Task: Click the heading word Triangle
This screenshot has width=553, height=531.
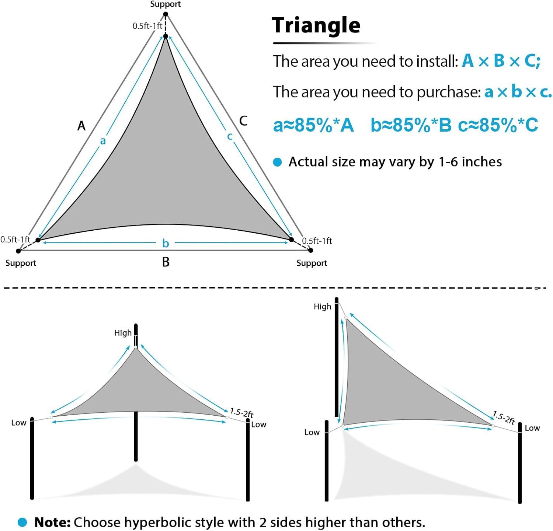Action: click(316, 25)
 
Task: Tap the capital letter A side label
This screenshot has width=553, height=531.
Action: click(81, 126)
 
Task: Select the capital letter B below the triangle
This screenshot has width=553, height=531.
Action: click(166, 262)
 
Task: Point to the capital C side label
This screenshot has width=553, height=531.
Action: click(243, 120)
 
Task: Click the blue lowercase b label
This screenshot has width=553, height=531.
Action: click(166, 243)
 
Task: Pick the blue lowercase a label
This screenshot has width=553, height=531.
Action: click(103, 141)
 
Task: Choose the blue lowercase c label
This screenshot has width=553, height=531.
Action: click(230, 136)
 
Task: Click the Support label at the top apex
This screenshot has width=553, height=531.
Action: click(166, 4)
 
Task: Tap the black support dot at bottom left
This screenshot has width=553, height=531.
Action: click(18, 251)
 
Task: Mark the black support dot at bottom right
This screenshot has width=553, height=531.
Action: click(310, 250)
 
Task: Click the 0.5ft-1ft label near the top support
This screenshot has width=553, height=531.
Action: click(147, 26)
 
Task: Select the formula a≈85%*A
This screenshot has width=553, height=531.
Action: click(313, 125)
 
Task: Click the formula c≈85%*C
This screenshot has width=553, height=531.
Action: click(498, 125)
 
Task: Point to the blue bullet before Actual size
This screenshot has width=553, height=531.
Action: click(277, 162)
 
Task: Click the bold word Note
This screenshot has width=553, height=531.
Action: click(52, 522)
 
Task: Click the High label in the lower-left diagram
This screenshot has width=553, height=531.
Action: click(123, 333)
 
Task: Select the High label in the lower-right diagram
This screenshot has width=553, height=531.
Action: click(322, 307)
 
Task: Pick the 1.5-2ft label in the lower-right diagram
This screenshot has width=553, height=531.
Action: click(504, 418)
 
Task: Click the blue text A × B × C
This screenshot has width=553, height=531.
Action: click(501, 61)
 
